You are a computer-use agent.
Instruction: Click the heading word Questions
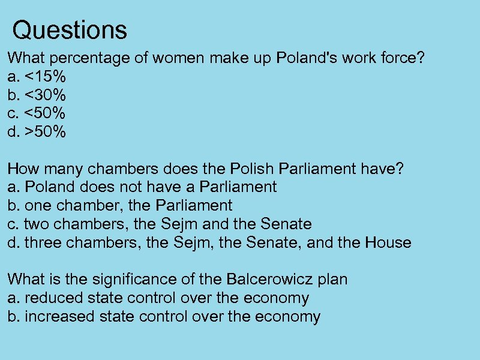coord(70,29)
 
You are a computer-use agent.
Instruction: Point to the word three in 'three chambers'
coord(43,243)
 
